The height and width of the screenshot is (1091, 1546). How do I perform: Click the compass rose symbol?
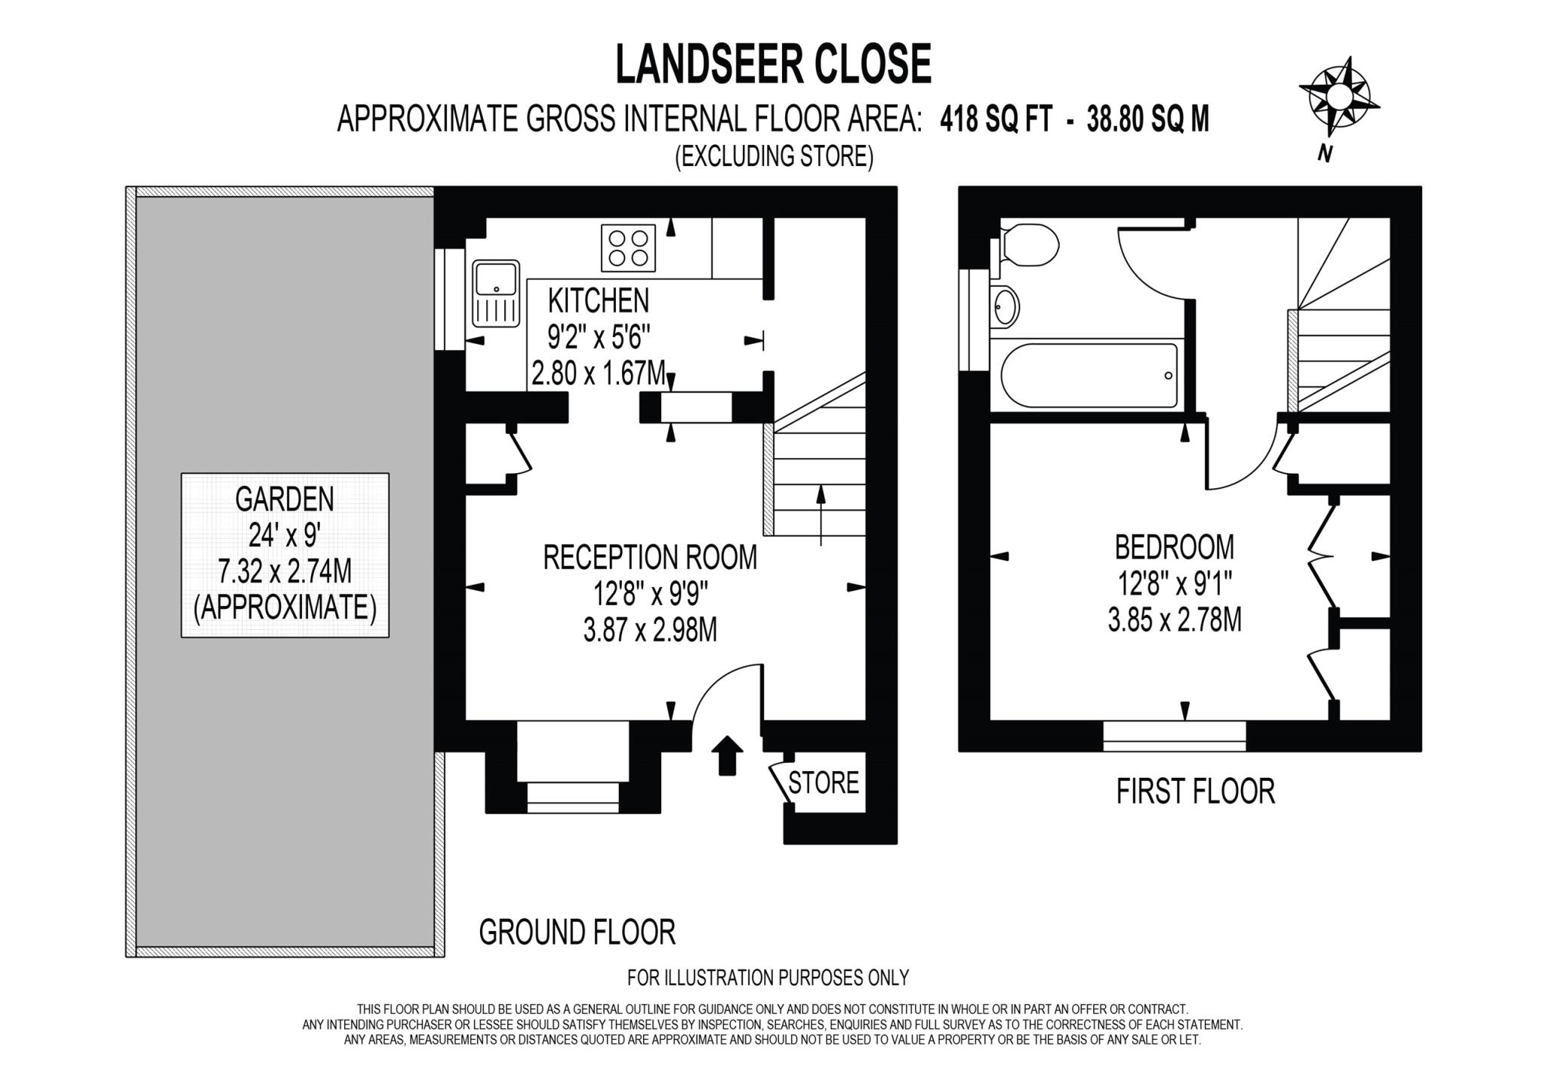1338,98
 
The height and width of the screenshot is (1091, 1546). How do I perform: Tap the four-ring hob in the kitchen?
628,248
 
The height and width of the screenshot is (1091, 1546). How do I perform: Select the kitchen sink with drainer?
496,293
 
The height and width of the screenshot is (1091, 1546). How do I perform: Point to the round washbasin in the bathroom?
1005,306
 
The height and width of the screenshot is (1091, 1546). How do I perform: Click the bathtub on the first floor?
1089,376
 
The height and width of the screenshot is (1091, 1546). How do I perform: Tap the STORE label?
824,783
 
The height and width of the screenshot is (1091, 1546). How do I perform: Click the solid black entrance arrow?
726,755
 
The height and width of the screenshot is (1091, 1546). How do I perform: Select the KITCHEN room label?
598,300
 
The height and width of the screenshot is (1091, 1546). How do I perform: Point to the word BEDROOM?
1175,546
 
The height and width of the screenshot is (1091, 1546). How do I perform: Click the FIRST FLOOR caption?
1195,791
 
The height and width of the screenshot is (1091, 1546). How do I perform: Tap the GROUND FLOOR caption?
577,933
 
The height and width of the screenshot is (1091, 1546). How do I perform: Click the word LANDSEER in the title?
702,64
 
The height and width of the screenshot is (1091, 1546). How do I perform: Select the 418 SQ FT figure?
996,119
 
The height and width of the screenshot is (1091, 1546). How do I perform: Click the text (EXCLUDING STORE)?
774,156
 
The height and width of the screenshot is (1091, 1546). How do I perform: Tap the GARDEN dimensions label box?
285,555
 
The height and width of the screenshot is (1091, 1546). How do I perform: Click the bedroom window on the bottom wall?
1174,736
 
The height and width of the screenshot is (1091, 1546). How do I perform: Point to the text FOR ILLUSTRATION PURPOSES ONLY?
768,978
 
